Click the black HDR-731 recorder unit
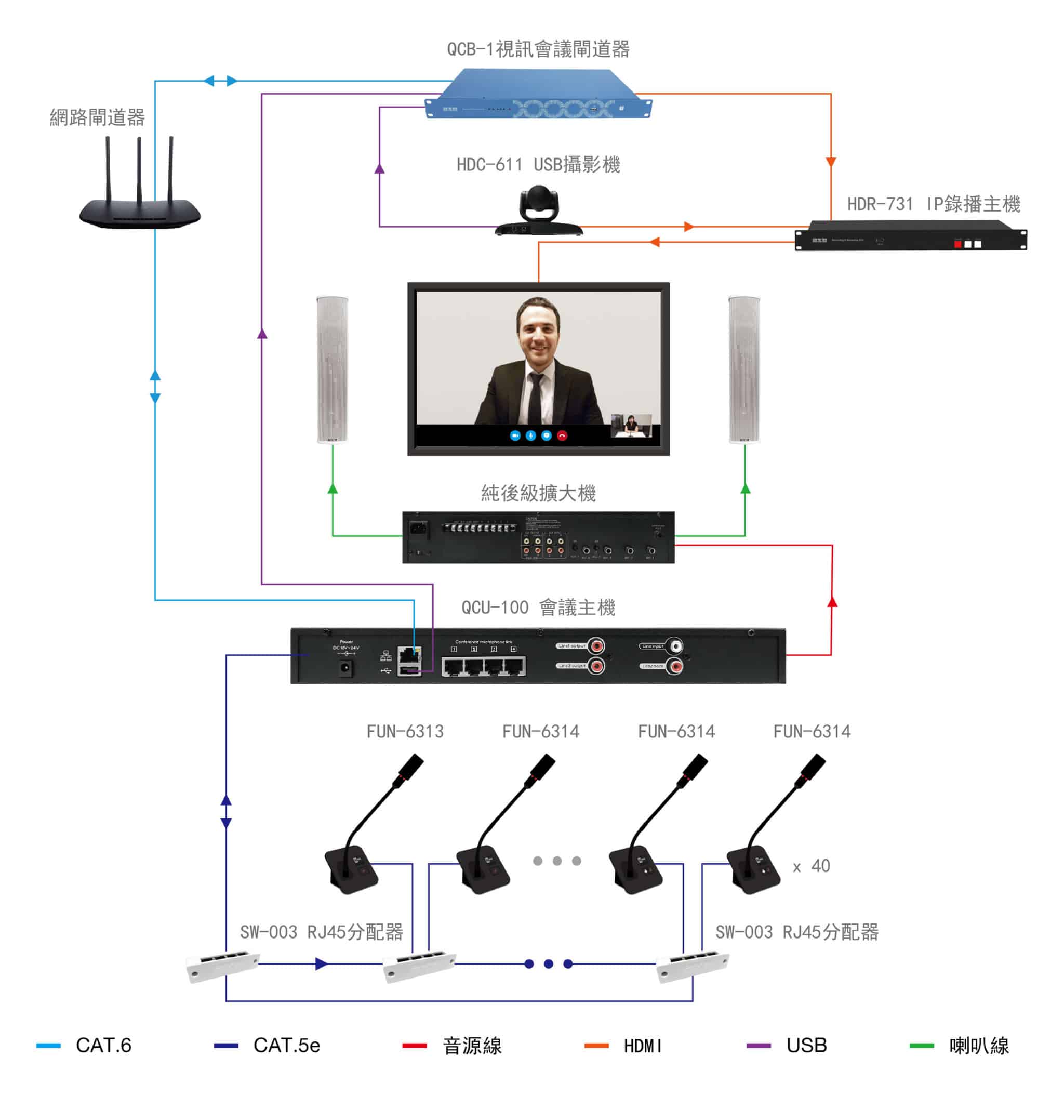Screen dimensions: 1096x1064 [910, 235]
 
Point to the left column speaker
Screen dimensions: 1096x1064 [332, 369]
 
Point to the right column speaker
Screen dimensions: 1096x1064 [744, 369]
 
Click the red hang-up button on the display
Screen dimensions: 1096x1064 [562, 435]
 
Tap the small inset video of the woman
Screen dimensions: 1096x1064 [631, 425]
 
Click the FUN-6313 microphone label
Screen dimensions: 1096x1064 [405, 731]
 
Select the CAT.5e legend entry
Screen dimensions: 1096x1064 [286, 1045]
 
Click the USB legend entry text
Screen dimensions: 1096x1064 [806, 1045]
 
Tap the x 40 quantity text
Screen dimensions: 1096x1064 [812, 866]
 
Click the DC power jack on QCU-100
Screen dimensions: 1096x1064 [346, 668]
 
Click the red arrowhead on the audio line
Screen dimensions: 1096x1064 [832, 602]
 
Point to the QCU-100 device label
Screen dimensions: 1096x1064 [538, 608]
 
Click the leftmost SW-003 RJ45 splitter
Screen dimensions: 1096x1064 [222, 966]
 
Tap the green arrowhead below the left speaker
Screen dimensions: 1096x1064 [332, 490]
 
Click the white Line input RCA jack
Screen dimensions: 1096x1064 [676, 646]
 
